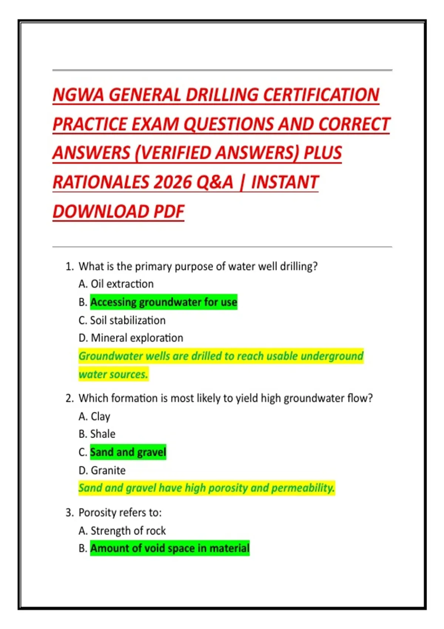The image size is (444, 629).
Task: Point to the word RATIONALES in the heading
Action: click(x=100, y=182)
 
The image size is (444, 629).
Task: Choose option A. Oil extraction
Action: click(x=116, y=284)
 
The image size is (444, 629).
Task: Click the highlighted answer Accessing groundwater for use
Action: click(x=164, y=302)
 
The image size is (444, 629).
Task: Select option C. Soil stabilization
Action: click(x=122, y=320)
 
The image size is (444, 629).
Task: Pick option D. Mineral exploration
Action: click(x=131, y=338)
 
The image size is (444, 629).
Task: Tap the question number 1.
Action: click(x=69, y=266)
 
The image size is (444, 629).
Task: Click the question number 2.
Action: click(x=69, y=398)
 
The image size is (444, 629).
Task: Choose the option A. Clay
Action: click(x=95, y=416)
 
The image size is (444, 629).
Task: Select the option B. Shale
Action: click(x=97, y=434)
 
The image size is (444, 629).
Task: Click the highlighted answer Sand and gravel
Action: click(x=128, y=452)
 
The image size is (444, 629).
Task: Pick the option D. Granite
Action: click(x=102, y=470)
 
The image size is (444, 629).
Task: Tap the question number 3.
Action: click(x=69, y=512)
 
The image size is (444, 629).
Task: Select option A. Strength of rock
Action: click(x=122, y=531)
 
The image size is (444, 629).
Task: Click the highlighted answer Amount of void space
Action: click(x=170, y=548)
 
